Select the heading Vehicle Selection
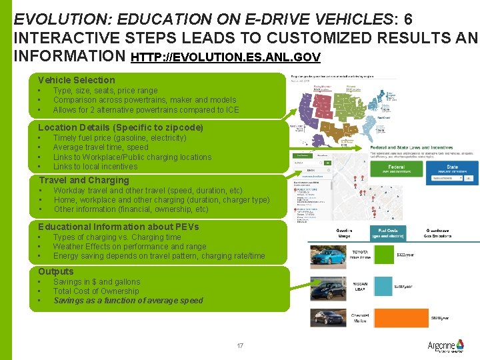(76, 80)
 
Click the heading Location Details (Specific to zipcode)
(121, 127)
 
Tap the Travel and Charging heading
(84, 180)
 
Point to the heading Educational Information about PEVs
(118, 227)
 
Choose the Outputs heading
(56, 271)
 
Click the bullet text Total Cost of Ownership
(96, 291)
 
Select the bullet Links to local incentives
(95, 167)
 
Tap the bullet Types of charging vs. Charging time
(117, 237)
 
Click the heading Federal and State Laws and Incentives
(412, 147)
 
